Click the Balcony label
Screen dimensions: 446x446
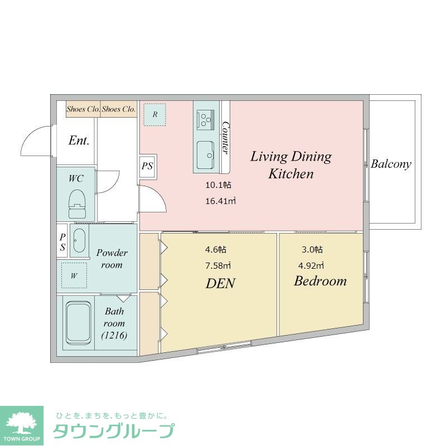point(391,164)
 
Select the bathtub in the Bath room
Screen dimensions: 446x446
point(78,323)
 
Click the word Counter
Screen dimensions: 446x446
point(226,137)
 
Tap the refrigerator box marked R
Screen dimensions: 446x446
point(154,114)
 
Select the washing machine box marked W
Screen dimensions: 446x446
point(74,275)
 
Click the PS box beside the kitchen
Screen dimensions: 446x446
point(148,166)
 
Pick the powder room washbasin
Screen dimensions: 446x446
point(79,241)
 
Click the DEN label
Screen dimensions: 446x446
point(220,283)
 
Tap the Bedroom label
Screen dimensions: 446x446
point(320,281)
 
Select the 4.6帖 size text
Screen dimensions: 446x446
point(216,249)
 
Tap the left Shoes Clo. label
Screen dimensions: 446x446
point(83,109)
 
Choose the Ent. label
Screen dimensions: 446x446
point(79,140)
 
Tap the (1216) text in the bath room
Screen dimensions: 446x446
point(114,335)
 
